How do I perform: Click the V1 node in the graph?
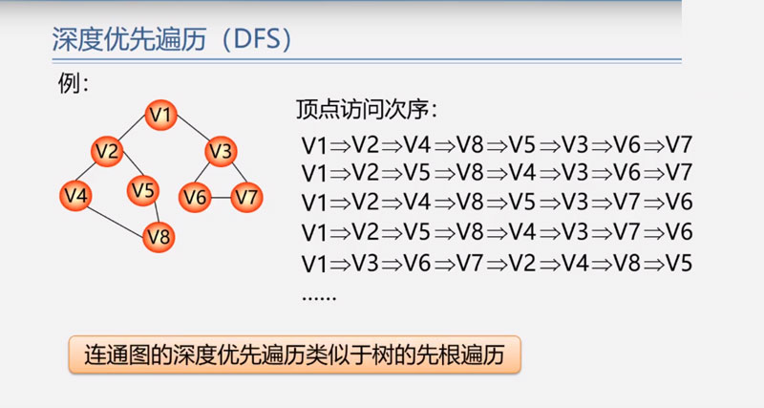[160, 115]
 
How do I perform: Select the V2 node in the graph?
[107, 151]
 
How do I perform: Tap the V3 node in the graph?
[222, 151]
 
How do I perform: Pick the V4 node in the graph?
[76, 196]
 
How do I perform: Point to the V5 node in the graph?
[143, 190]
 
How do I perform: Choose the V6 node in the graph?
[195, 198]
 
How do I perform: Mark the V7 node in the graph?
[246, 198]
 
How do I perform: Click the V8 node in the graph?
[159, 237]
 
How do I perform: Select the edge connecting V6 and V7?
[221, 198]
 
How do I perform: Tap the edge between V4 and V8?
[116, 221]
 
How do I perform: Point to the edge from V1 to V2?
[132, 128]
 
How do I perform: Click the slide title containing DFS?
[173, 39]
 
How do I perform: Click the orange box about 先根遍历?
[295, 354]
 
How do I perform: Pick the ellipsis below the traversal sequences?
[319, 297]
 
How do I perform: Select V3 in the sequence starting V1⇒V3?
[366, 263]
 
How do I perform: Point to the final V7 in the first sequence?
[678, 145]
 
